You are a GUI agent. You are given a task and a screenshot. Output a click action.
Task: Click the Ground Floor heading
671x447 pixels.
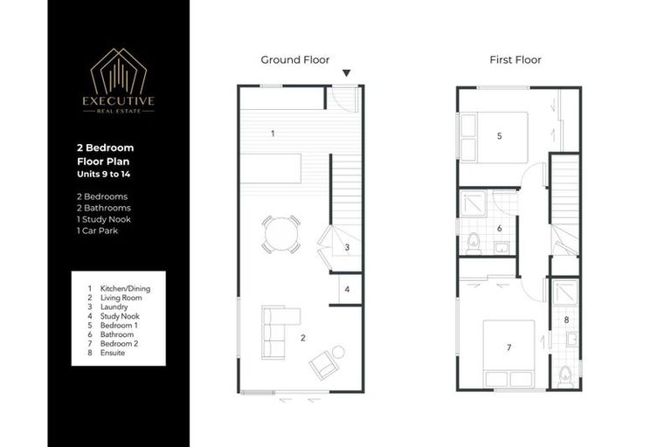point(295,60)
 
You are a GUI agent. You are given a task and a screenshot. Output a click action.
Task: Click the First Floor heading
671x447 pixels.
point(515,60)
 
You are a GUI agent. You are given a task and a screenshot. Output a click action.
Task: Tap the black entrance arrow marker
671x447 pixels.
point(348,74)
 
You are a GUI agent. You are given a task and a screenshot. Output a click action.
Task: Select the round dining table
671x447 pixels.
point(280,234)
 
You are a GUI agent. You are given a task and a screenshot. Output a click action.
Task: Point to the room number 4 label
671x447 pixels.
point(347,289)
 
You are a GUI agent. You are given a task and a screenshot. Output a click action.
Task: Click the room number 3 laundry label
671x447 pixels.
point(347,248)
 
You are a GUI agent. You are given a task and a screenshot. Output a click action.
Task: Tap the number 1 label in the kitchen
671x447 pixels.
point(273,134)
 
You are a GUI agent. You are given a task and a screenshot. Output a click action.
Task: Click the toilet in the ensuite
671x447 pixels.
point(565,375)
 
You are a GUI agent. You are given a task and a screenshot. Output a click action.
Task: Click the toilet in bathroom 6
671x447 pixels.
point(473,242)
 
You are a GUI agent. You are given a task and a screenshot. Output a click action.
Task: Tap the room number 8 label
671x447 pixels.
point(566,320)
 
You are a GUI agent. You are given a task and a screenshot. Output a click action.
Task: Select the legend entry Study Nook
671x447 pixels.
point(119,316)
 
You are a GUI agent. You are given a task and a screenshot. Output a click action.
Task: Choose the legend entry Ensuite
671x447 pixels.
point(113,353)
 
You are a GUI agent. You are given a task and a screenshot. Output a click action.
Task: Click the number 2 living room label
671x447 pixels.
point(302,336)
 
